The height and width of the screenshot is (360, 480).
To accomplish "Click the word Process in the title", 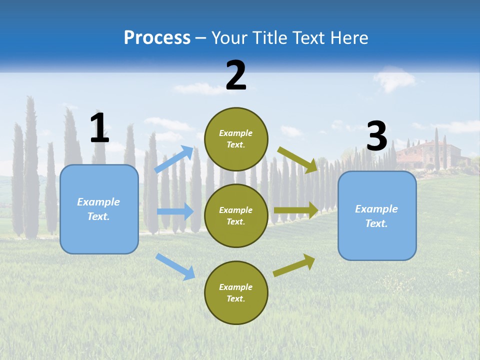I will [x=157, y=37].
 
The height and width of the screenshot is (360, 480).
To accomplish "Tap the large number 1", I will [x=99, y=128].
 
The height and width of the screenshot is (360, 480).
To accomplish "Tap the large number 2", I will [x=236, y=75].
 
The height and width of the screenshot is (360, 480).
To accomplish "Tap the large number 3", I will [x=377, y=136].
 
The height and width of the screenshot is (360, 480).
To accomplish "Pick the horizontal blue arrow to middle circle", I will [x=175, y=211].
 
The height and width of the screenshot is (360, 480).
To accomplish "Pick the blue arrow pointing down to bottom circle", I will [x=175, y=266].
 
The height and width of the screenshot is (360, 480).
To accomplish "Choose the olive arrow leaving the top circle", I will [x=298, y=159].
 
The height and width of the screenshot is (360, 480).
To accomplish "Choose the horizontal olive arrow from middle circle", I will [x=296, y=210].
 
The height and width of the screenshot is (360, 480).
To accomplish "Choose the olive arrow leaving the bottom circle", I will [x=294, y=265].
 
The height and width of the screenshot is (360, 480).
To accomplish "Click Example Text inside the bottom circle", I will [x=236, y=293].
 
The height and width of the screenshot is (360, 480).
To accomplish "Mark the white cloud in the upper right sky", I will [x=395, y=78].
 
